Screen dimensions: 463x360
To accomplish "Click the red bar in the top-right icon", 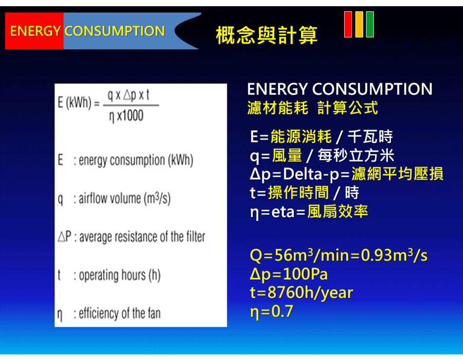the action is click(348, 24).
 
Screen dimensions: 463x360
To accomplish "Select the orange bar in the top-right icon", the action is click(359, 24).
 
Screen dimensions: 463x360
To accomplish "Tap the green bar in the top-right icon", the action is click(370, 24).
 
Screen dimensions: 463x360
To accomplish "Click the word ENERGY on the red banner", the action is click(35, 31).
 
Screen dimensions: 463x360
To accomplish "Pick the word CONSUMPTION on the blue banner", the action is click(115, 31).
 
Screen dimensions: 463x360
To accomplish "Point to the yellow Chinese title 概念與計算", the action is click(266, 35).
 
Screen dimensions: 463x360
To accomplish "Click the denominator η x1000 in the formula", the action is click(126, 116).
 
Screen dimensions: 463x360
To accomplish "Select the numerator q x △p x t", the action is click(129, 95).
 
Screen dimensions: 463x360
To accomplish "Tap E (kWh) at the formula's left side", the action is click(75, 103).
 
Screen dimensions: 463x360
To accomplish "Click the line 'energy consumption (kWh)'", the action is click(136, 160).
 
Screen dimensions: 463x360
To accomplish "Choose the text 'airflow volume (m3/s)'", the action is click(124, 199).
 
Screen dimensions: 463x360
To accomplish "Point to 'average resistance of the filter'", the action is click(142, 237).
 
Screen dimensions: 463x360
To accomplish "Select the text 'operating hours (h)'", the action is click(119, 275).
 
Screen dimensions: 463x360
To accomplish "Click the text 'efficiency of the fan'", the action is click(119, 313).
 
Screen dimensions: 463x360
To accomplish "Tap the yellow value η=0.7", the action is click(272, 312).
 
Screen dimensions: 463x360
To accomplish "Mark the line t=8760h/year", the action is click(301, 293).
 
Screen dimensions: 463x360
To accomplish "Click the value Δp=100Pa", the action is click(289, 274).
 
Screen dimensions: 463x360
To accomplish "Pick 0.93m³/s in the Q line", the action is click(394, 255).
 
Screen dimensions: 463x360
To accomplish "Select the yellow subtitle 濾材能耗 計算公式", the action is click(313, 107).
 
